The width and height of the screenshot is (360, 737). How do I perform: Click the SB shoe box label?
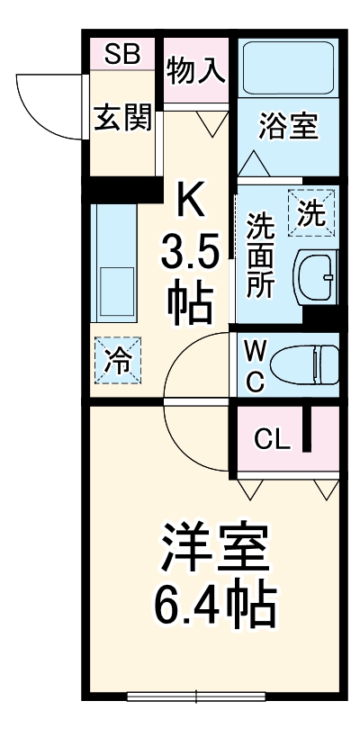pyautogui.click(x=121, y=53)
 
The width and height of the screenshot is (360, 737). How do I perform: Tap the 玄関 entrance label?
pyautogui.click(x=122, y=119)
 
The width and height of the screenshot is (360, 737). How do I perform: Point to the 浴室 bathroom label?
pyautogui.click(x=289, y=127)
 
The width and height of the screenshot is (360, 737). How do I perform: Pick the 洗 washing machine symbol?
pyautogui.click(x=310, y=212)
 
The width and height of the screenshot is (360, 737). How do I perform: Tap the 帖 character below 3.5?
pyautogui.click(x=191, y=304)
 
